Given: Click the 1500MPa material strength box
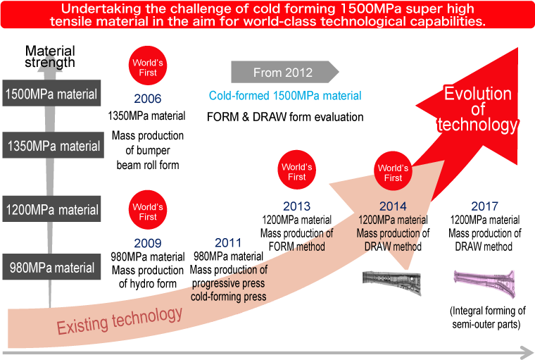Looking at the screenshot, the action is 51,93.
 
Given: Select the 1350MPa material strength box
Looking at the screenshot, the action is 53,145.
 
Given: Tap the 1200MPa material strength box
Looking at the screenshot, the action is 51,209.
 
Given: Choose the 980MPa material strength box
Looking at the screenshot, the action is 51,267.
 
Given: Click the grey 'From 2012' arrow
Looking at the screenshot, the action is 285,72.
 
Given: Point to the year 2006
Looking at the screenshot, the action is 147,99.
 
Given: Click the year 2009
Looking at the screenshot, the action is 147,243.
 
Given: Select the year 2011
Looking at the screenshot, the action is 228,243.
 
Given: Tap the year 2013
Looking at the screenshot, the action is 297,206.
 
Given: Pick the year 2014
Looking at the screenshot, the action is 393,206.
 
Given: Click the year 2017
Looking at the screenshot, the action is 484,206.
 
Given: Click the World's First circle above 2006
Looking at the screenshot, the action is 148,66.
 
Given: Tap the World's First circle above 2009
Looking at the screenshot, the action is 148,210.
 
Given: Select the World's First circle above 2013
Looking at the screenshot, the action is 297,170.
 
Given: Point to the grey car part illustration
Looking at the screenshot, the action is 391,283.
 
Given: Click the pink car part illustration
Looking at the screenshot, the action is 484,283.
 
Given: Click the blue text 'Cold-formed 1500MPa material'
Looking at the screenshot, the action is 285,96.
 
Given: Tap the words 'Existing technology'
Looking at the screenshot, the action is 120,321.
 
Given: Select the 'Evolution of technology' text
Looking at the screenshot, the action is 478,109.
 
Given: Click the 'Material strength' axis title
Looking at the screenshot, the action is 50,56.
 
